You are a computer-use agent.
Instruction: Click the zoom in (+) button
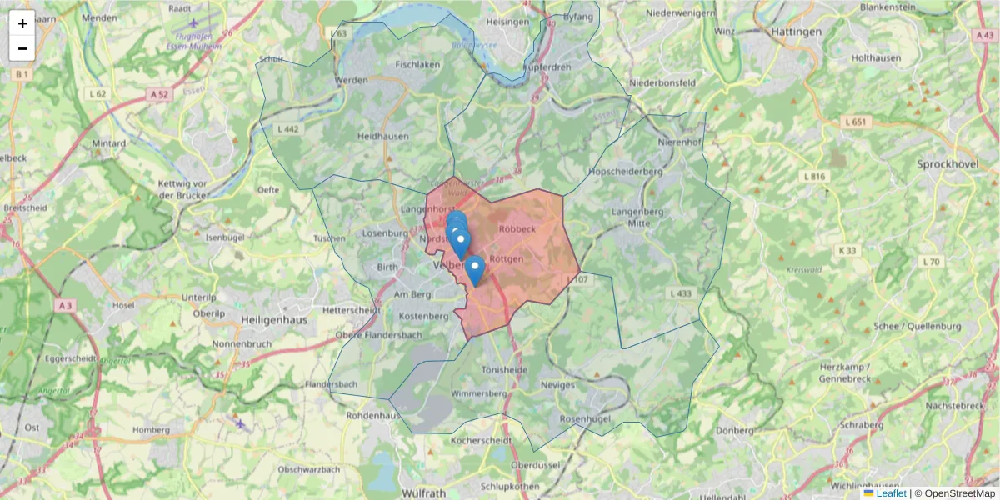point(22,23)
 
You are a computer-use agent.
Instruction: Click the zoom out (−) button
point(22,48)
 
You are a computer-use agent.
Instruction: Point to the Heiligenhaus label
point(274,319)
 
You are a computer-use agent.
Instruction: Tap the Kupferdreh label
point(547,67)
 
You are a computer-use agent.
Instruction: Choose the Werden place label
point(351,81)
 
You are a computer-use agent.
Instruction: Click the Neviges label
point(557,385)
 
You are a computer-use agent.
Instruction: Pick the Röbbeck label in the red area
point(517,227)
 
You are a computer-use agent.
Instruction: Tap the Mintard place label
point(109,143)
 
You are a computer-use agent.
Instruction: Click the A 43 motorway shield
point(983,35)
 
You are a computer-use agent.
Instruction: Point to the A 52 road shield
point(160,95)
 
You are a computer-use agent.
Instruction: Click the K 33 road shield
point(848,250)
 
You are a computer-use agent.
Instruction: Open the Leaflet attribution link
point(891,493)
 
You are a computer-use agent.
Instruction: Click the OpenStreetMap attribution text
point(959,493)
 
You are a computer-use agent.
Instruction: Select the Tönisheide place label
point(505,368)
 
